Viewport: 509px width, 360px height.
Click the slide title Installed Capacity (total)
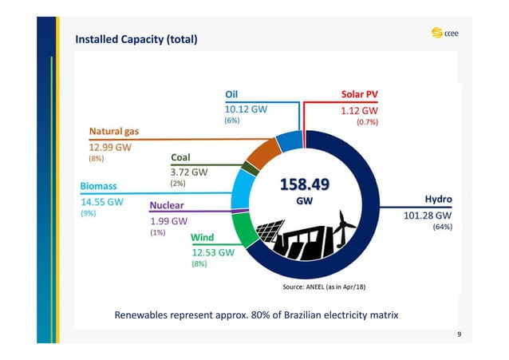(x=136, y=39)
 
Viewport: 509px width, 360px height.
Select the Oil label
(x=232, y=93)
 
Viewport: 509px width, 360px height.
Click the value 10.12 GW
(x=246, y=109)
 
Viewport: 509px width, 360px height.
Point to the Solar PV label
(x=359, y=93)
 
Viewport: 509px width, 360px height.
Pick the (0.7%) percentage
(x=366, y=123)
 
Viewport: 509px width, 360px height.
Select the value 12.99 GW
(x=110, y=147)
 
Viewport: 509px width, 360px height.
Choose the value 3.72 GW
(x=189, y=172)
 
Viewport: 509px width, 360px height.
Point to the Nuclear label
(x=172, y=206)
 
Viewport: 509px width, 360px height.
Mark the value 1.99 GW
(x=168, y=220)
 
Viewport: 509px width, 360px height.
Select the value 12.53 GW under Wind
(x=212, y=251)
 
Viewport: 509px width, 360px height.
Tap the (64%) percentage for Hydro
(x=442, y=227)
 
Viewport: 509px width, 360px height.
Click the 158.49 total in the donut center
(x=304, y=185)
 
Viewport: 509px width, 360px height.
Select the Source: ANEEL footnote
(x=325, y=286)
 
